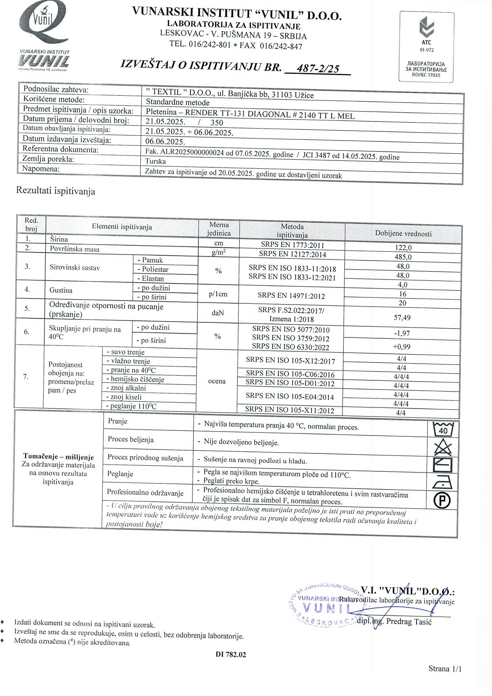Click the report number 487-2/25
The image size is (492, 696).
tap(318, 69)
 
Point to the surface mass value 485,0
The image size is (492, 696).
tap(403, 257)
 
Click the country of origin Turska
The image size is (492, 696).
tap(156, 162)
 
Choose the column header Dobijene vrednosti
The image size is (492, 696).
tap(403, 234)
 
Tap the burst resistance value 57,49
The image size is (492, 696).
tap(402, 318)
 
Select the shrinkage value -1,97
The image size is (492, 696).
tap(402, 334)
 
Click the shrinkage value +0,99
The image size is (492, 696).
tap(402, 347)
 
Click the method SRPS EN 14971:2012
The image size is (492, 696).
tap(291, 296)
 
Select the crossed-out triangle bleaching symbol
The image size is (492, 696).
tap(443, 447)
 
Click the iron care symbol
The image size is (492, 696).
tap(442, 483)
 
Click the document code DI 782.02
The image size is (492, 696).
tap(231, 655)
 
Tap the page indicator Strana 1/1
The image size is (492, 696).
tap(445, 669)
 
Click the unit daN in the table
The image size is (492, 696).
tap(217, 313)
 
